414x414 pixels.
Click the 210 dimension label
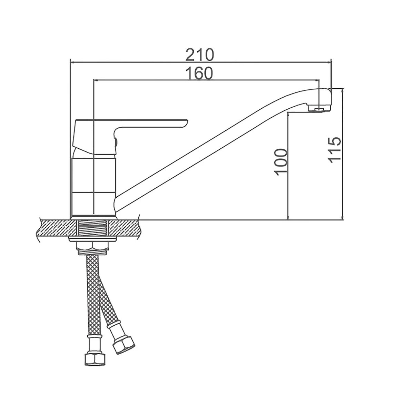click(200, 55)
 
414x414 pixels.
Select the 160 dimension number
click(199, 73)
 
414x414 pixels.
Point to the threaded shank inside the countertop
click(92, 228)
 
